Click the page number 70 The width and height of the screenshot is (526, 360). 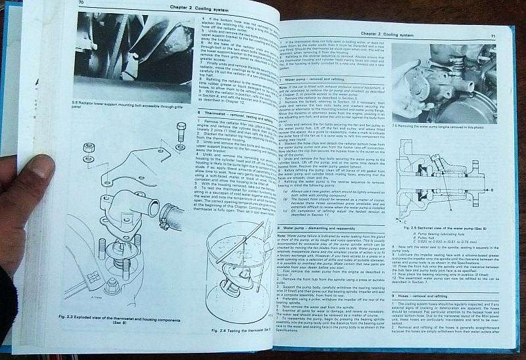pos(81,3)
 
